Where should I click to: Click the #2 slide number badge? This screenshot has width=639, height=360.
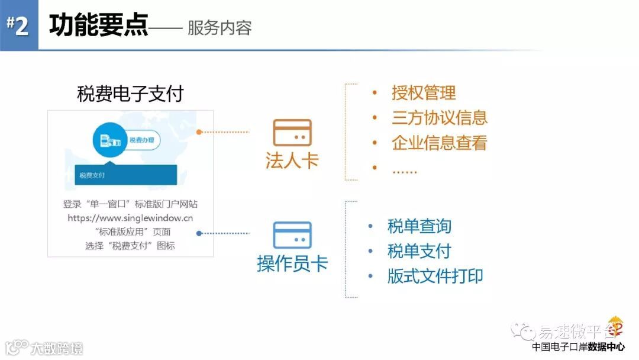coord(18,25)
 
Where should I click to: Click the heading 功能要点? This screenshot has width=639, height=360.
coord(98,26)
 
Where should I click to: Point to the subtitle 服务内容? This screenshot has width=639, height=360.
coord(220,28)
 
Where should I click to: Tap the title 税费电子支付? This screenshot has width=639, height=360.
coord(130,94)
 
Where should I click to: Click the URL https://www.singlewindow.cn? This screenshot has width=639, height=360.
coord(130,218)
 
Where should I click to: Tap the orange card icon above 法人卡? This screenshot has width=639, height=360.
coord(292,133)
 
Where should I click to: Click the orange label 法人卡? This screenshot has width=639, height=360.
coord(292,160)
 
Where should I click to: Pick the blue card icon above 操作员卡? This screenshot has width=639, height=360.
coord(292,235)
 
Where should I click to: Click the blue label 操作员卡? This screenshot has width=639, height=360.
coord(292,263)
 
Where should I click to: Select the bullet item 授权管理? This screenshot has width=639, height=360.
coord(424,93)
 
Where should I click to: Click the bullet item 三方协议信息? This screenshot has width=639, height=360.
coord(439,118)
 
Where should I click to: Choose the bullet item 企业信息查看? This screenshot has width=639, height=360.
coord(439,143)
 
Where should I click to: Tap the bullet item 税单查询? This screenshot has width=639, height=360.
coord(419,226)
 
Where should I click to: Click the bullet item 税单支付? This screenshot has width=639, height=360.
coord(419,251)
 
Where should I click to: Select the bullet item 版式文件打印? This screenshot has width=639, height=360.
coord(435,276)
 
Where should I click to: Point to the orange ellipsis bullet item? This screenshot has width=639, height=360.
coord(405,169)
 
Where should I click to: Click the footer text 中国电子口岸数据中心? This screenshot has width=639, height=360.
coord(578,347)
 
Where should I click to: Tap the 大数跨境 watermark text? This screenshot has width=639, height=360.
coord(57,348)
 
